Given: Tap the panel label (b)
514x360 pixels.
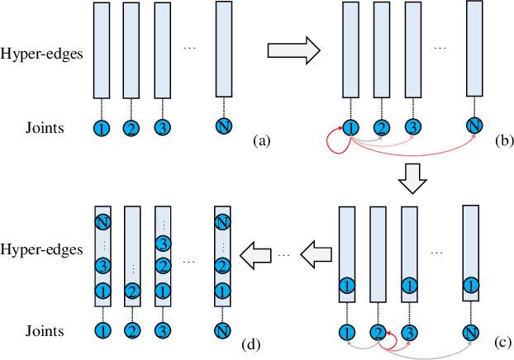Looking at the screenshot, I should click(x=502, y=142).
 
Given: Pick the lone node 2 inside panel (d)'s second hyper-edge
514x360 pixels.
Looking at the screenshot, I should click(x=131, y=292).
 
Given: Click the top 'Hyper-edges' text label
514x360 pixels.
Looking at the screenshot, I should click(x=45, y=51).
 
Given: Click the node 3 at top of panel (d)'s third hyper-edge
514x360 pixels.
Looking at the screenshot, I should click(x=163, y=243).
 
